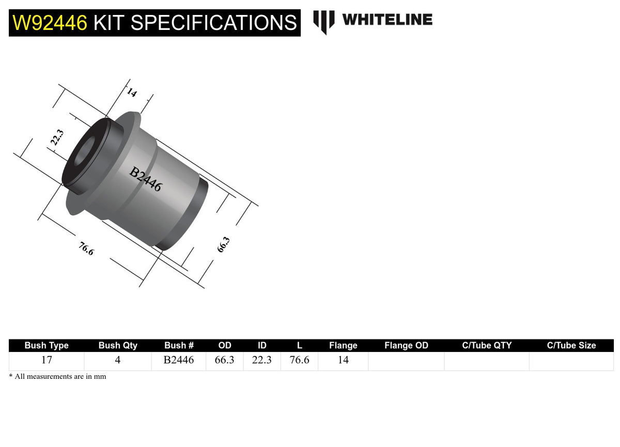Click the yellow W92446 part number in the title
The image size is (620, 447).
click(x=50, y=23)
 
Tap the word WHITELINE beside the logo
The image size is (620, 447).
click(x=387, y=20)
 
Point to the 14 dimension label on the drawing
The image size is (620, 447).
click(x=132, y=93)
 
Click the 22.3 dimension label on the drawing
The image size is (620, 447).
click(x=57, y=138)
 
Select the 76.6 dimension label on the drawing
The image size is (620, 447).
click(x=86, y=249)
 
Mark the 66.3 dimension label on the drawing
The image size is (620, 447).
click(x=223, y=244)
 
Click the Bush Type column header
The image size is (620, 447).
click(x=47, y=345)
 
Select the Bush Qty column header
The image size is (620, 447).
click(x=118, y=345)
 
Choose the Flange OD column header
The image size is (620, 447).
click(x=406, y=345)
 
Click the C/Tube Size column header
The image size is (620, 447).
click(x=571, y=345)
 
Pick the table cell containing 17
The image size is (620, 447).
click(x=47, y=360)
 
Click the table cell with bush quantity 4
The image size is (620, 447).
click(x=118, y=360)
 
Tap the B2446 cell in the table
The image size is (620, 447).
click(x=179, y=360)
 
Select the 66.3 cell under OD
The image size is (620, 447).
click(x=225, y=360)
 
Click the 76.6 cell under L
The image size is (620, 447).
click(x=299, y=360)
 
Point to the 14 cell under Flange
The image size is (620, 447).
click(x=343, y=360)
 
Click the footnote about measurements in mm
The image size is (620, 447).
click(x=57, y=377)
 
